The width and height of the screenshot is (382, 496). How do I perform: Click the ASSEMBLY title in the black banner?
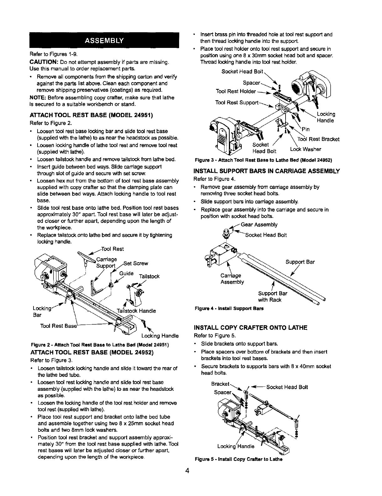[103, 41]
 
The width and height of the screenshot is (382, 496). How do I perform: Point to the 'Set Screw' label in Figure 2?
[138, 263]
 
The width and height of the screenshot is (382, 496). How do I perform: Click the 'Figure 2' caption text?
[100, 345]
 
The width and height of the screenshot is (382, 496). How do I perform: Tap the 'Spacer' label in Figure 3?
[251, 83]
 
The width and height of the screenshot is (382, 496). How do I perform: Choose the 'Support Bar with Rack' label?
[270, 297]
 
